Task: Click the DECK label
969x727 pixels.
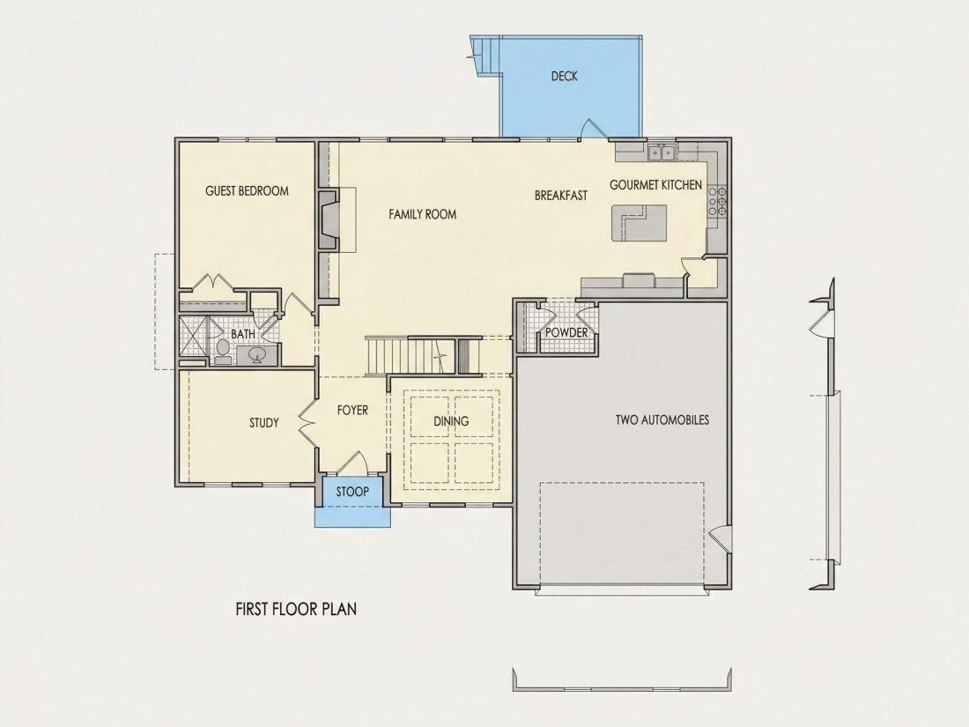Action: point(564,76)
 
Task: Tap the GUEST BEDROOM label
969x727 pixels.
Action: point(248,191)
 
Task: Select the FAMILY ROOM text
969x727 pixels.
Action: point(423,214)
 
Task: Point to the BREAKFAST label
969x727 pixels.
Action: point(561,196)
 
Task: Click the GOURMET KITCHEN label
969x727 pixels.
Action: point(655,185)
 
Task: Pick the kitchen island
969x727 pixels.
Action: point(640,224)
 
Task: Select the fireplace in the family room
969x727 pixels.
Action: point(329,220)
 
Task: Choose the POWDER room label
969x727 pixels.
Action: point(566,332)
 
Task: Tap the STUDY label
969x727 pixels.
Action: point(264,423)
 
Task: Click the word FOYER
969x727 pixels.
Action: point(353,410)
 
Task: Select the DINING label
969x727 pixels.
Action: point(451,421)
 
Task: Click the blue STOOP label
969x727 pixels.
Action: point(352,492)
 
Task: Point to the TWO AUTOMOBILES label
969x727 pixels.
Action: point(662,419)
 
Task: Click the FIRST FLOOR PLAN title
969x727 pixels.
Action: point(296,609)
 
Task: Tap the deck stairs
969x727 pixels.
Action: point(485,55)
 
